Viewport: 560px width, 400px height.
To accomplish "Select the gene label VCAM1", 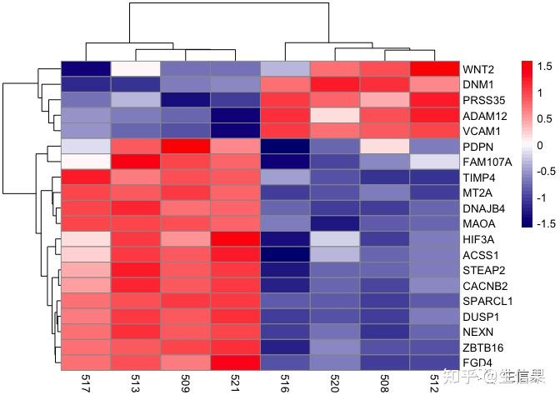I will click(481, 131).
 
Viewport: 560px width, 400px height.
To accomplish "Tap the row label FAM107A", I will click(487, 162).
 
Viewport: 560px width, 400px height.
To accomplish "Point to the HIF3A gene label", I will click(479, 239).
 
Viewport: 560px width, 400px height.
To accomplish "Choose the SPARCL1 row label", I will click(487, 301).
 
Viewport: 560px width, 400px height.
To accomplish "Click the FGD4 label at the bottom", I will click(477, 362).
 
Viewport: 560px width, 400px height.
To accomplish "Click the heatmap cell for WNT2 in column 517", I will click(86, 68).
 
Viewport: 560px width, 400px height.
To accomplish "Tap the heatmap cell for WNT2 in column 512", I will click(436, 68).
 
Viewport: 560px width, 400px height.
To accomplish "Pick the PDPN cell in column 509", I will click(186, 146).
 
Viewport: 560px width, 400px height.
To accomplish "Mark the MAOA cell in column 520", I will click(336, 223).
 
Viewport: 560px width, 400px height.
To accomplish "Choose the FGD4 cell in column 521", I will click(236, 362).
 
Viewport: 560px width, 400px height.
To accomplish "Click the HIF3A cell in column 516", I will click(286, 239).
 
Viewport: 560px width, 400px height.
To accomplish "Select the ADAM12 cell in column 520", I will click(336, 115).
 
